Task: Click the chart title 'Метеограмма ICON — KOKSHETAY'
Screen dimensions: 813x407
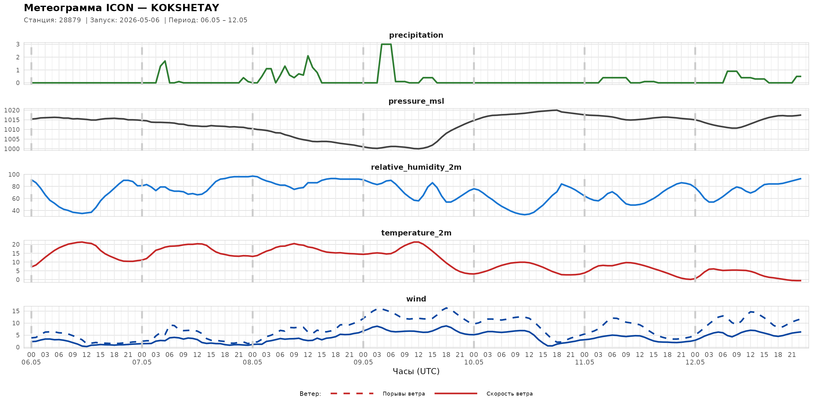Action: [x=122, y=8]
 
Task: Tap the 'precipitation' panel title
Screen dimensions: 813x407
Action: [x=416, y=35]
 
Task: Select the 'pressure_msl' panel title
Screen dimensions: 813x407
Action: [x=416, y=101]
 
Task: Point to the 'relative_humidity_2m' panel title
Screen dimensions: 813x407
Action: [x=416, y=167]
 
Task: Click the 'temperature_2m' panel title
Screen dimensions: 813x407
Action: [x=416, y=233]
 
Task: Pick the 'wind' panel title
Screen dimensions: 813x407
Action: [x=416, y=299]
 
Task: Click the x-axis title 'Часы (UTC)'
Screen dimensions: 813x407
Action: [x=416, y=371]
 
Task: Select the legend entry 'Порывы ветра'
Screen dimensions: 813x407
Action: [x=404, y=394]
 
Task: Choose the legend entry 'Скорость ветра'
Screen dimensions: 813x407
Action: [x=509, y=394]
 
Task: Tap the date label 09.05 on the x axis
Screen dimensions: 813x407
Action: [x=363, y=362]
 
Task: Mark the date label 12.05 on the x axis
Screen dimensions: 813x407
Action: [x=695, y=362]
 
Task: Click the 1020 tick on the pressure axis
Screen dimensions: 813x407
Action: [x=12, y=110]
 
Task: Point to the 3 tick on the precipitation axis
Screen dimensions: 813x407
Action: [x=18, y=44]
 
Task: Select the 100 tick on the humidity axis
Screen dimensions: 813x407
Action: [x=14, y=175]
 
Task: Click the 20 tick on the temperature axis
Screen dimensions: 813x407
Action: [x=16, y=244]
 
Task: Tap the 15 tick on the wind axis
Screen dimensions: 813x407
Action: [x=16, y=311]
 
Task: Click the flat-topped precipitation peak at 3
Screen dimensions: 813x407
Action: [x=386, y=44]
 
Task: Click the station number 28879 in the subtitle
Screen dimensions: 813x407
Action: [x=70, y=20]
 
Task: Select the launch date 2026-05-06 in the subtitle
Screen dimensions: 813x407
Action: [x=139, y=20]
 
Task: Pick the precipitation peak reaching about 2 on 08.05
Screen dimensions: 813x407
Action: [x=308, y=56]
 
